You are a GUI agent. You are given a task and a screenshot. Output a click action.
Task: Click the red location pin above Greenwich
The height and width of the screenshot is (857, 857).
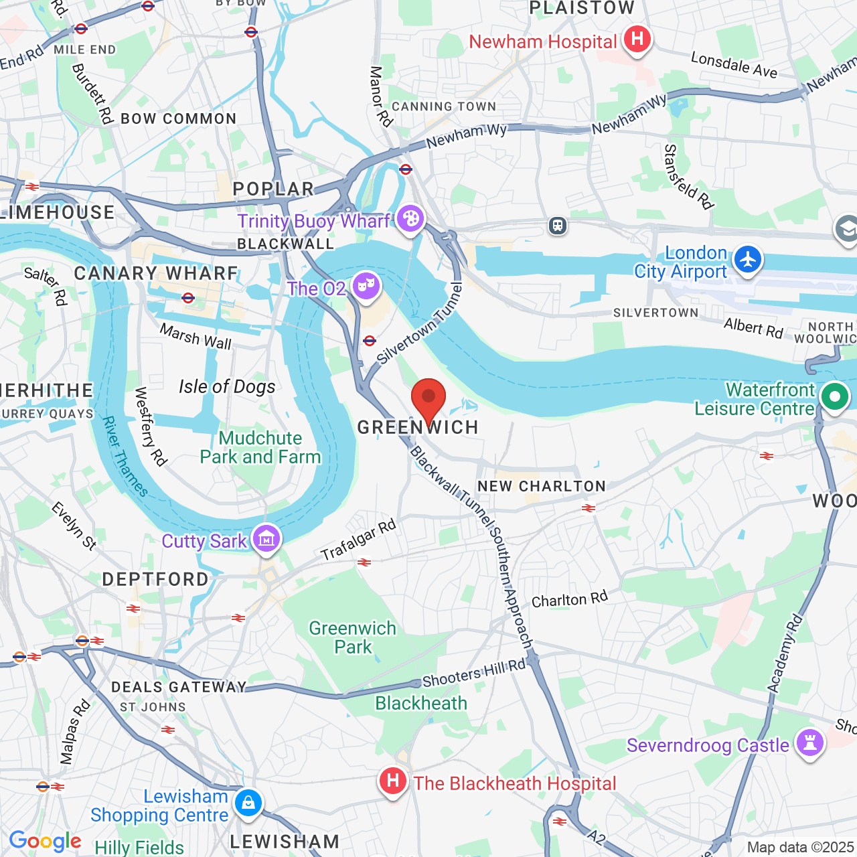pyautogui.click(x=428, y=398)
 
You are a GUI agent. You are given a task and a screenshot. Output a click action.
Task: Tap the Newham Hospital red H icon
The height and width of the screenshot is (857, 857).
pyautogui.click(x=637, y=40)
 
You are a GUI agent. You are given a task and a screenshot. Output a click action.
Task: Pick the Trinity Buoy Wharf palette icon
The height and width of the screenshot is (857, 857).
pyautogui.click(x=410, y=219)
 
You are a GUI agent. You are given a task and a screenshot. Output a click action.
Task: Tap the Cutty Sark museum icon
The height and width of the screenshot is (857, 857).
pyautogui.click(x=266, y=539)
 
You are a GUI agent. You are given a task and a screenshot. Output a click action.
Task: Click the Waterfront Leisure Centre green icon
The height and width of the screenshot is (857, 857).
pyautogui.click(x=834, y=397)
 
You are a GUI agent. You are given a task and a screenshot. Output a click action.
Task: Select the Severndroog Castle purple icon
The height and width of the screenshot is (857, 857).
pyautogui.click(x=810, y=743)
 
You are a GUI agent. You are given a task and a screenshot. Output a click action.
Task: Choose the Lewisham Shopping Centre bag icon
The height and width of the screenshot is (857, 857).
pyautogui.click(x=248, y=803)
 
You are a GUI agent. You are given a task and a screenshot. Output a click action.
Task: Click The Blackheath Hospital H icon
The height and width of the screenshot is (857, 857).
pyautogui.click(x=393, y=781)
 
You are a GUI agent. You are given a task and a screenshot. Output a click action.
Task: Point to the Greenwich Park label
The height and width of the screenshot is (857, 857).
pyautogui.click(x=353, y=637)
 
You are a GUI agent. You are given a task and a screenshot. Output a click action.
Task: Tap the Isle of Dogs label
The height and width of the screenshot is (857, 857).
pyautogui.click(x=227, y=387)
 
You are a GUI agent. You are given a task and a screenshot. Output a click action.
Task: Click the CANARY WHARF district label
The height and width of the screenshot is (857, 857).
pyautogui.click(x=156, y=273)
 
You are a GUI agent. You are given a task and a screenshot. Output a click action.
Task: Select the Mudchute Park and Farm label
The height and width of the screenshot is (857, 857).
pyautogui.click(x=260, y=447)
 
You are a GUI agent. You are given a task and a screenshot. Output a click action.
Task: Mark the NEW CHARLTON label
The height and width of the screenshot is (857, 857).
pyautogui.click(x=542, y=486)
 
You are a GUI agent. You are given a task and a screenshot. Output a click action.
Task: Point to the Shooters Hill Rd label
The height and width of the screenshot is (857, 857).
pyautogui.click(x=474, y=673)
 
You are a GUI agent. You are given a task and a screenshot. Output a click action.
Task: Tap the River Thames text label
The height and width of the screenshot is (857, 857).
pyautogui.click(x=125, y=457)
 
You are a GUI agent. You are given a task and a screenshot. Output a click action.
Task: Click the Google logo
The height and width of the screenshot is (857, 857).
pyautogui.click(x=46, y=841)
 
